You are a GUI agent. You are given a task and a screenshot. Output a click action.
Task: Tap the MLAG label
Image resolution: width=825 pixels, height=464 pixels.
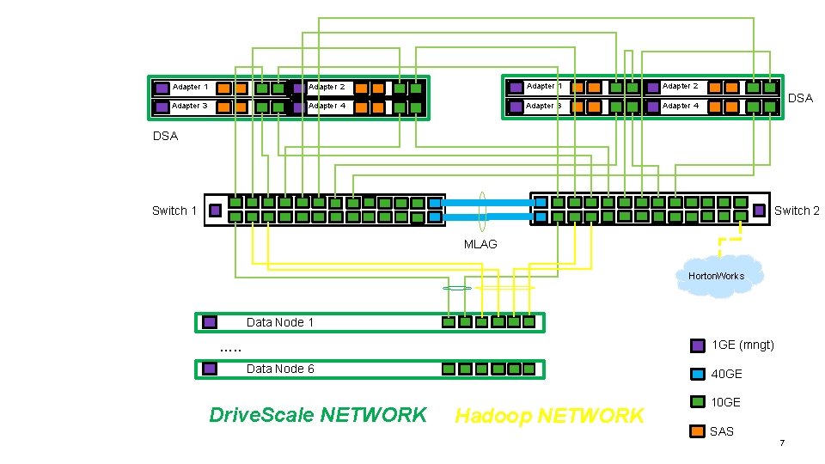click(480, 244)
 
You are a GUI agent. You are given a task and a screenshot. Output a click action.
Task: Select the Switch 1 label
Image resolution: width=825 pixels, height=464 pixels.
click(174, 211)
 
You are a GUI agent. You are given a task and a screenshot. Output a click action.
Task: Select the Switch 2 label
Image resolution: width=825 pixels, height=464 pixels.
click(797, 211)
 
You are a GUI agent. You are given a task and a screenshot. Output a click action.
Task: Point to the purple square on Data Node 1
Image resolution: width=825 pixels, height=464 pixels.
click(210, 323)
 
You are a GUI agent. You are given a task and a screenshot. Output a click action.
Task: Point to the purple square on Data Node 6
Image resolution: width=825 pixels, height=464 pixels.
click(210, 369)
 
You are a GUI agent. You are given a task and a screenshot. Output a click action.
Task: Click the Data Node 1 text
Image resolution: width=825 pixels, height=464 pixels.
click(280, 322)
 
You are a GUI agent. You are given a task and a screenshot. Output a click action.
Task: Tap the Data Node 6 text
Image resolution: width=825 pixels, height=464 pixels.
click(280, 369)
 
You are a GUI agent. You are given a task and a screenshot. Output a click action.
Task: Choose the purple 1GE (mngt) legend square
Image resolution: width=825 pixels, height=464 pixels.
click(699, 345)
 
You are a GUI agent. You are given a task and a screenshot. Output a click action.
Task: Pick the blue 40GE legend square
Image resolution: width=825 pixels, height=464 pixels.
click(699, 374)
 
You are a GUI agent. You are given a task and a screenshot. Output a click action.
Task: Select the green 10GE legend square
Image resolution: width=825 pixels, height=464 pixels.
click(699, 402)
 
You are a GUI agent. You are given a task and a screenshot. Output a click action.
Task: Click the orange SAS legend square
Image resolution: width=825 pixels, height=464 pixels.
click(699, 430)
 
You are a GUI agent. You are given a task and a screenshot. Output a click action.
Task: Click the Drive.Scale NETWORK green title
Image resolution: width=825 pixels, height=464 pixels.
click(318, 415)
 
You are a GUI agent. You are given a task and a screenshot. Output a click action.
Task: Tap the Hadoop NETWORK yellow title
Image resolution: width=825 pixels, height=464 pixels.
click(549, 416)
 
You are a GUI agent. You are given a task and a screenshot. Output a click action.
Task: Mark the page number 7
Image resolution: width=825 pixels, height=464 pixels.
click(781, 443)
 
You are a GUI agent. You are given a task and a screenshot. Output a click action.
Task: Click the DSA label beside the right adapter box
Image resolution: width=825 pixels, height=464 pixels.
click(799, 98)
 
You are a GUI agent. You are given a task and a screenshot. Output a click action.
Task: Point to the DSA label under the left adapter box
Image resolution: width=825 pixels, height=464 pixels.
click(165, 136)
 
